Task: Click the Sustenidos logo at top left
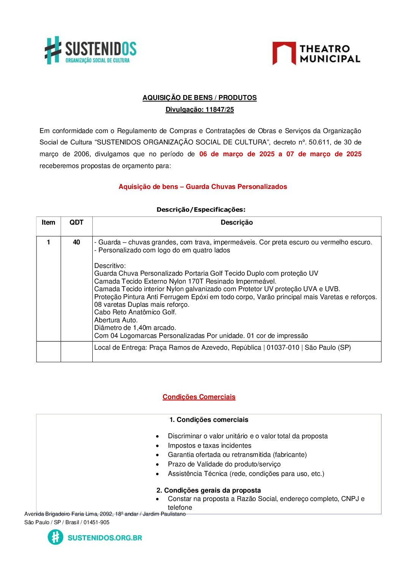point(90,51)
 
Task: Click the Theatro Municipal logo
point(316,54)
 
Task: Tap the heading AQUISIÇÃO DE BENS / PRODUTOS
point(199,98)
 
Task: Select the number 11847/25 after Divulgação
point(220,109)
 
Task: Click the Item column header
point(48,223)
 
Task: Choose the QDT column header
point(76,223)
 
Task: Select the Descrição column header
point(236,223)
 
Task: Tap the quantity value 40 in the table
point(76,242)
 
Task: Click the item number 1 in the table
point(48,242)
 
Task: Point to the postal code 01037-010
point(283,348)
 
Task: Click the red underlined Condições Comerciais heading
point(199,397)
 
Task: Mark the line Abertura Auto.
point(116,320)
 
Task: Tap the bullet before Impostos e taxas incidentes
point(157,446)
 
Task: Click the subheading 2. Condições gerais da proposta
point(209,490)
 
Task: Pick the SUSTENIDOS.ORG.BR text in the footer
point(105,538)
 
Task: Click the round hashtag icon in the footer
point(55,537)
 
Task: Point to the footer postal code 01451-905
point(97,522)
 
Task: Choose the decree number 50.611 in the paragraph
point(320,142)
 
